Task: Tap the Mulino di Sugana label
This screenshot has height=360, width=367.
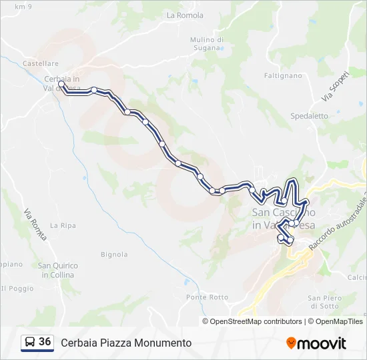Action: (206, 43)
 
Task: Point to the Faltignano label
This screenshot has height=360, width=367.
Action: (283, 76)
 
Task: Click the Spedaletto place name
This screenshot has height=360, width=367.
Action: (309, 115)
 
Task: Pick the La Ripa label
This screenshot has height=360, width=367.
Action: (63, 225)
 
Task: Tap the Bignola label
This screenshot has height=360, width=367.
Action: (113, 254)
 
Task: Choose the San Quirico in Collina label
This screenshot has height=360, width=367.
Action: (57, 270)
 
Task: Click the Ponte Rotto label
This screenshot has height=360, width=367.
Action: (207, 297)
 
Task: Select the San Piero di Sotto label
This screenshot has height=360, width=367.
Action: (325, 302)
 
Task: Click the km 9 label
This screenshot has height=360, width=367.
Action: (23, 6)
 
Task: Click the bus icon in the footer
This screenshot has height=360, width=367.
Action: (29, 342)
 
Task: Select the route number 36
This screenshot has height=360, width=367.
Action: (45, 342)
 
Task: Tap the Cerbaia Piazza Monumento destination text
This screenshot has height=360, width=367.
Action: (126, 343)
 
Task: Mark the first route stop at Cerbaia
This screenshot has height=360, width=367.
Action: (61, 85)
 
